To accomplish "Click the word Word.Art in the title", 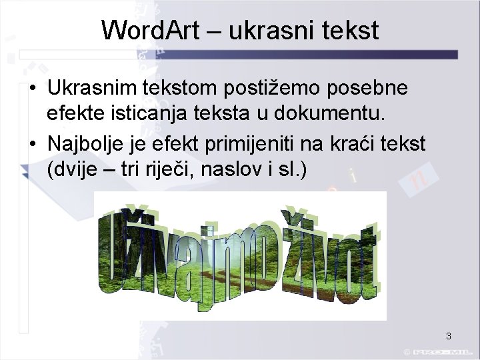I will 147,30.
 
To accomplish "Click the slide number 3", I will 449,336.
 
